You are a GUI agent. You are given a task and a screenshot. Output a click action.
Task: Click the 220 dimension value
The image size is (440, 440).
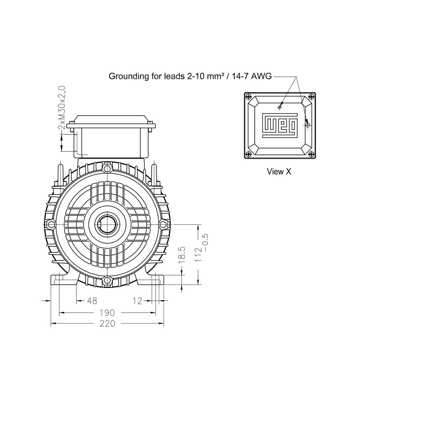[x=108, y=324]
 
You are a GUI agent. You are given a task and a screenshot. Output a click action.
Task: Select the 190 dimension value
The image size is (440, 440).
[x=108, y=313]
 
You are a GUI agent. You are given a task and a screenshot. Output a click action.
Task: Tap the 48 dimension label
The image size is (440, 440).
[x=92, y=301]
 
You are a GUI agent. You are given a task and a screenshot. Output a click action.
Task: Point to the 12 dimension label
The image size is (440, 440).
[x=138, y=301]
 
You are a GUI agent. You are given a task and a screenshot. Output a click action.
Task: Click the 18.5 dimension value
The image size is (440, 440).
[x=182, y=254]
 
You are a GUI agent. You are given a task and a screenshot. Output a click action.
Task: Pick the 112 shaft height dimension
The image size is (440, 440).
[x=198, y=254]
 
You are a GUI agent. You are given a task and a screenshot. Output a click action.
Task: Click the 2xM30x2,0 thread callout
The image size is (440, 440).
[x=62, y=108]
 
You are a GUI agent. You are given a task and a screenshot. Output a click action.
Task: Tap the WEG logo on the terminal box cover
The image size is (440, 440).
[x=280, y=126]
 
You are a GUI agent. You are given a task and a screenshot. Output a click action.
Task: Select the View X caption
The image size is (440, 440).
[x=279, y=172]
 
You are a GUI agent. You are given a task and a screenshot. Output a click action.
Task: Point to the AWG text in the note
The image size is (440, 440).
[x=261, y=76]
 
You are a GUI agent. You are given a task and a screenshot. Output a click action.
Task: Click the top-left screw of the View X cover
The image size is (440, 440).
[x=248, y=97]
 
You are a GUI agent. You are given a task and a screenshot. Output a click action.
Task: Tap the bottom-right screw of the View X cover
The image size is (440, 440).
[x=311, y=154]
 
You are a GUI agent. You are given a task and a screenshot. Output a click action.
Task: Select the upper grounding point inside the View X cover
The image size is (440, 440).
[x=280, y=107]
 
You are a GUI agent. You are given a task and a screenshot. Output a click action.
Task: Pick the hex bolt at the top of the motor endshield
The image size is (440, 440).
[x=107, y=169]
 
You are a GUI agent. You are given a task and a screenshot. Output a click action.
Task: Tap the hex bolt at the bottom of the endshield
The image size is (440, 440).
[x=107, y=280]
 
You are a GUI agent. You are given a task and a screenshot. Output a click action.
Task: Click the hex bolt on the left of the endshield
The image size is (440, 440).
[x=51, y=224]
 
